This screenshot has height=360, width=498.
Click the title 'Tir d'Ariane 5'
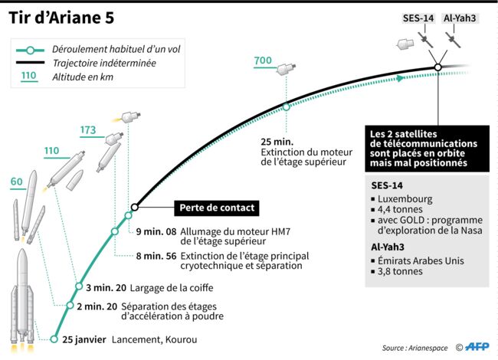[61, 18]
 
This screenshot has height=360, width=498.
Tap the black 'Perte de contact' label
[217, 208]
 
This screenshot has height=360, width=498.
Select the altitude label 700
[263, 61]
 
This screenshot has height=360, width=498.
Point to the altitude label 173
[88, 130]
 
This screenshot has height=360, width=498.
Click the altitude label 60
[17, 182]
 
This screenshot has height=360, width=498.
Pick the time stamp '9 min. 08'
[156, 232]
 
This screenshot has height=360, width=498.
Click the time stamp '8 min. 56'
[156, 256]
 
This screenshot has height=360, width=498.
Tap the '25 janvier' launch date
[84, 339]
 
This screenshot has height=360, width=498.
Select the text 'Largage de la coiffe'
[172, 288]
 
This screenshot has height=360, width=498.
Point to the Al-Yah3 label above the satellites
[460, 18]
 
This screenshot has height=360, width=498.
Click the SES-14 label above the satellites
[418, 18]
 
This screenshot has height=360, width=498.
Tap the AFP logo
[477, 347]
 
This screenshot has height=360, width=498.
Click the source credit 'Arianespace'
[428, 349]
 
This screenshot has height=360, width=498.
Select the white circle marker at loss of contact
[135, 208]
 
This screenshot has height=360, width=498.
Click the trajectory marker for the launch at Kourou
[54, 339]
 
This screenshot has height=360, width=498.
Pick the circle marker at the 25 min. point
[287, 107]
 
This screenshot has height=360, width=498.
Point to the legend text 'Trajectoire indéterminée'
[104, 63]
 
